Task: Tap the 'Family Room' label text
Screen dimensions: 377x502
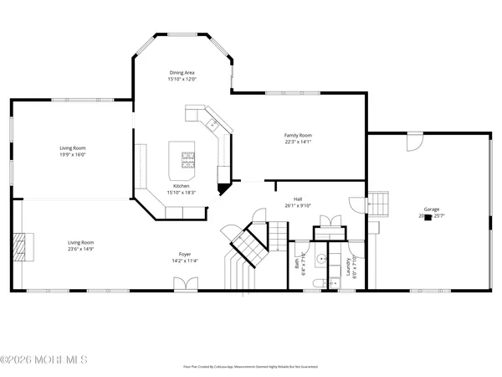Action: tap(298, 135)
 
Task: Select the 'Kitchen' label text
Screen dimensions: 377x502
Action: tap(181, 186)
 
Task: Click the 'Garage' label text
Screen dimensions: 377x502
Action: tap(432, 209)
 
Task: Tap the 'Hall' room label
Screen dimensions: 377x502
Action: tap(298, 199)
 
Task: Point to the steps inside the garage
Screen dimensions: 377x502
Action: tap(381, 203)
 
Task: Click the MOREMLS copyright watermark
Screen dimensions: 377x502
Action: tap(44, 361)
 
